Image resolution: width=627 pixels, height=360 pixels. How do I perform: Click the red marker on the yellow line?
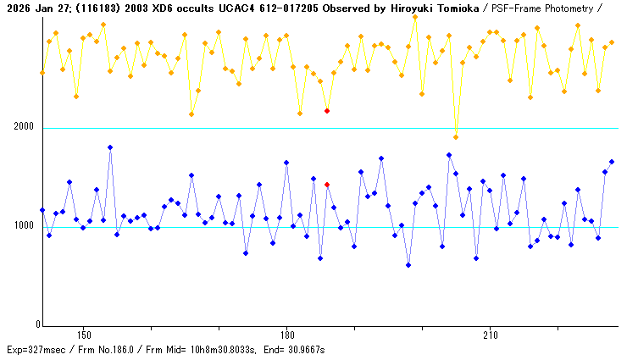coord(327,110)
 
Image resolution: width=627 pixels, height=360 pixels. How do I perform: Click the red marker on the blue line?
coord(327,185)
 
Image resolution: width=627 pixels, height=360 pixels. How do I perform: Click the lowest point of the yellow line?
coord(456,137)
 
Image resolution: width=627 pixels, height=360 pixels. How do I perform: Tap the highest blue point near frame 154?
coord(110,147)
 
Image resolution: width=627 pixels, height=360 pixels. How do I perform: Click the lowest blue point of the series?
coord(408,265)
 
